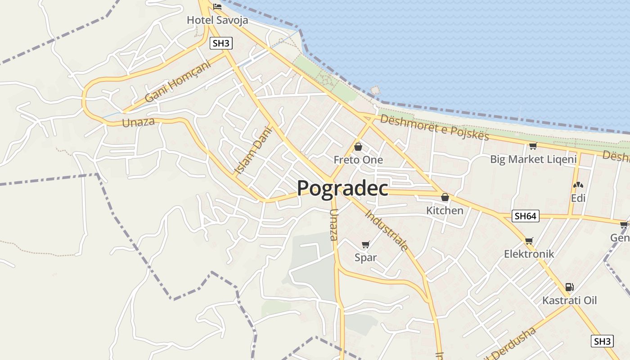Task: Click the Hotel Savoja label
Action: pos(217,20)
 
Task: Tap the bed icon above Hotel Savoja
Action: pos(218,7)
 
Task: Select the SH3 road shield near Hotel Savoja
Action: pos(221,44)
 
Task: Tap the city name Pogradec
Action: pos(342,188)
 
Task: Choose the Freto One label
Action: pos(358,160)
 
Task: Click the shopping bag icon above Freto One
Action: pos(358,147)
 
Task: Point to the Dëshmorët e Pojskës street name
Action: pos(434,127)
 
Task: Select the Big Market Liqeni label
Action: pos(533,159)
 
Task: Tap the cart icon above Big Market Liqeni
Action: pos(533,146)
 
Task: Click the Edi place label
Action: pos(578,198)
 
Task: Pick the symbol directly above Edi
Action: pos(578,185)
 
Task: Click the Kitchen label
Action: pos(445,210)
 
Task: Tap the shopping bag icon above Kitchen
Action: pos(445,197)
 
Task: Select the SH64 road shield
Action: pos(526,216)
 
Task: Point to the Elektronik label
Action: pos(529,254)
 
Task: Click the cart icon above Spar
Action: pos(365,245)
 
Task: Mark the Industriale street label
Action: pos(387,230)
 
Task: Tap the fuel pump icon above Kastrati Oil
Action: pos(569,287)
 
